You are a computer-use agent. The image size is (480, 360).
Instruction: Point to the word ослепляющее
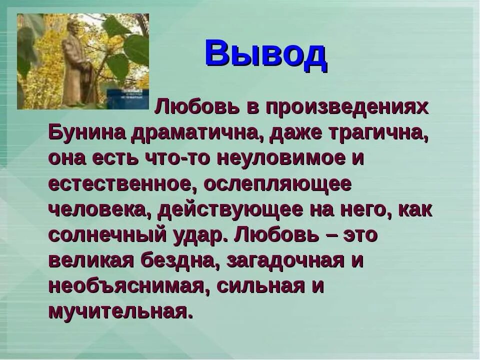pyautogui.click(x=277, y=184)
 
